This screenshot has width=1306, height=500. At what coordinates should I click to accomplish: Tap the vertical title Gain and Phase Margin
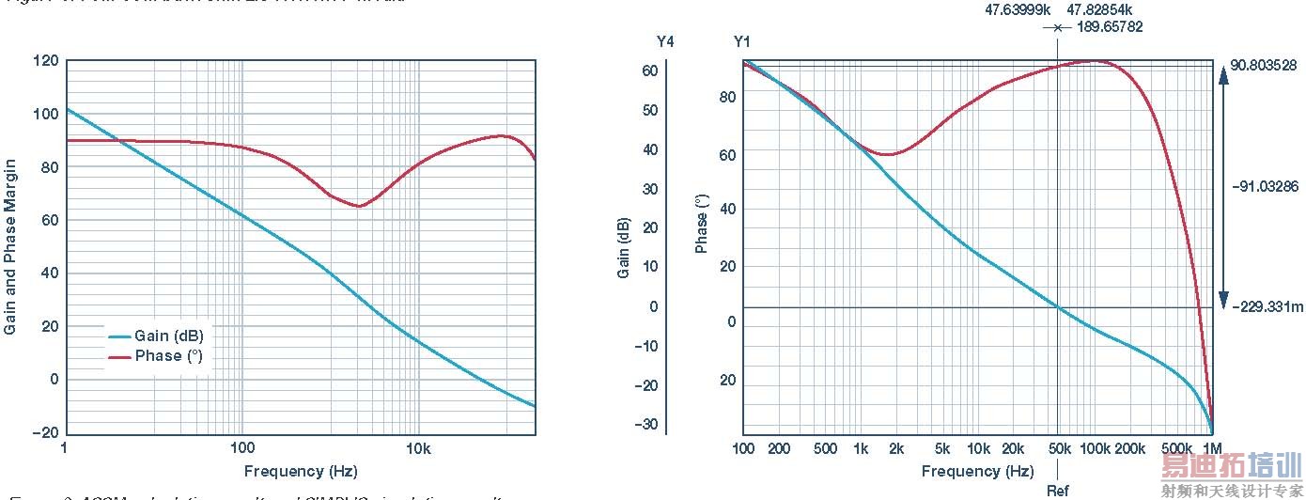click(10, 247)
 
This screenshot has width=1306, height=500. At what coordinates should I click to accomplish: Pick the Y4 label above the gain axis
click(665, 41)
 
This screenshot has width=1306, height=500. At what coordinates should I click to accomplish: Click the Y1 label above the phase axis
click(742, 41)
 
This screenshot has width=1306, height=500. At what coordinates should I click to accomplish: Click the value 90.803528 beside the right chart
click(1263, 66)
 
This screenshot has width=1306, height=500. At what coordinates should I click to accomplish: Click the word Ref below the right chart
click(1058, 491)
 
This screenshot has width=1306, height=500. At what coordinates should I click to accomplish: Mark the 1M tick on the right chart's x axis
click(1212, 448)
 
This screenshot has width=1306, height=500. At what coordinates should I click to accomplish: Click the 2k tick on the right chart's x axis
click(896, 448)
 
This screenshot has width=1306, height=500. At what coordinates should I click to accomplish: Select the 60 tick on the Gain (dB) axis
click(649, 70)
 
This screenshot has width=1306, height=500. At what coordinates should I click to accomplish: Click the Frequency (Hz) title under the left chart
click(301, 471)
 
